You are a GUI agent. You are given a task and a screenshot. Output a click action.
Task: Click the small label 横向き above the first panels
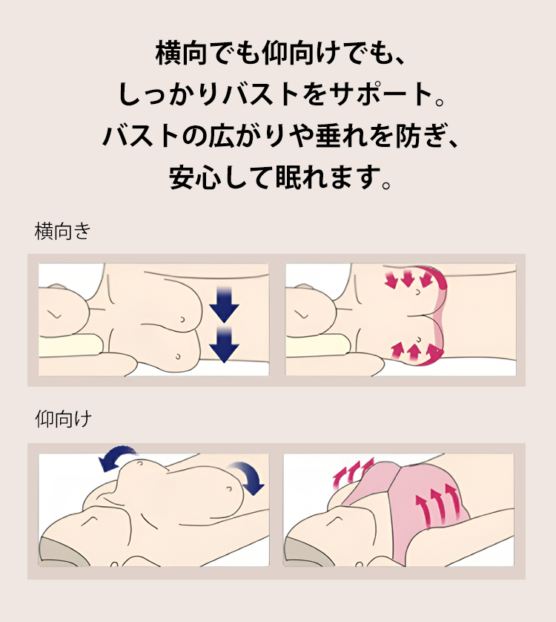point(62,232)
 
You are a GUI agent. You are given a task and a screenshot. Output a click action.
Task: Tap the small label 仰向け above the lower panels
point(64,419)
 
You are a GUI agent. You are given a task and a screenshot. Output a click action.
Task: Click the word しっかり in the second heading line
point(169,94)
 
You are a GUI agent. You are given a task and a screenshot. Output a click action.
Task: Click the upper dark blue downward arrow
point(224,304)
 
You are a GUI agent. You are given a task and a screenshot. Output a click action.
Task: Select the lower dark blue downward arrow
point(224,344)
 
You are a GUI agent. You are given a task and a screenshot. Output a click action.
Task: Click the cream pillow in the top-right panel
point(317,345)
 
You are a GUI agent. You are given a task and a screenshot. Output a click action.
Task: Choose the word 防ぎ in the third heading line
point(421,135)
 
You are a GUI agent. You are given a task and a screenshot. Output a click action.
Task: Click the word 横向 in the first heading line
point(182,53)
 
